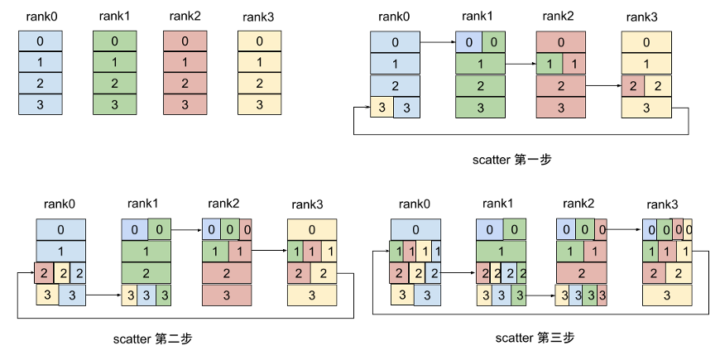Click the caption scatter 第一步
[x=507, y=161]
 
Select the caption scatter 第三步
[x=535, y=338]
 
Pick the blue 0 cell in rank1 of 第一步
[x=468, y=42]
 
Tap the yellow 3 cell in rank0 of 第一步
[x=382, y=107]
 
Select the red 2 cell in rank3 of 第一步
[x=632, y=85]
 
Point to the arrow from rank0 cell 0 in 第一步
[x=437, y=42]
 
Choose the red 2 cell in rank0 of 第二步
[x=42, y=272]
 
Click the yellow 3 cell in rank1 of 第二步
[x=129, y=294]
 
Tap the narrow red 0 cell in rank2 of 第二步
[x=247, y=230]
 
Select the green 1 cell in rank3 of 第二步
[x=295, y=251]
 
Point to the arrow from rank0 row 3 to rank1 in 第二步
[x=103, y=294]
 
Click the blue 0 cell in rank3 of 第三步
[x=650, y=230]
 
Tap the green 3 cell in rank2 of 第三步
[x=588, y=294]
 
